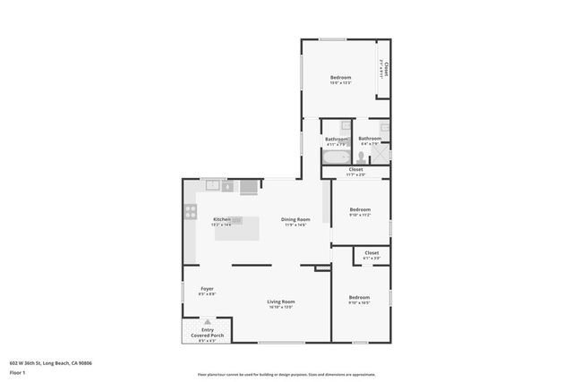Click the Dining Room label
pyautogui.click(x=295, y=220)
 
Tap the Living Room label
pyautogui.click(x=280, y=302)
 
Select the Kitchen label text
pyautogui.click(x=222, y=220)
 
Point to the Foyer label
pyautogui.click(x=207, y=289)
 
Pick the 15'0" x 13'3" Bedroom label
pyautogui.click(x=341, y=78)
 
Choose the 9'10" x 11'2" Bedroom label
pyautogui.click(x=359, y=210)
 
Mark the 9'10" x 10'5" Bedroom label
pyautogui.click(x=359, y=297)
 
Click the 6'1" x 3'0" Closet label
pyautogui.click(x=372, y=253)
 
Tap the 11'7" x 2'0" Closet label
pyautogui.click(x=355, y=169)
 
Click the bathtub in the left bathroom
pyautogui.click(x=337, y=157)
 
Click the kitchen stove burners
pyautogui.click(x=190, y=212)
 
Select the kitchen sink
pyautogui.click(x=213, y=185)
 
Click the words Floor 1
pyautogui.click(x=19, y=369)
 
